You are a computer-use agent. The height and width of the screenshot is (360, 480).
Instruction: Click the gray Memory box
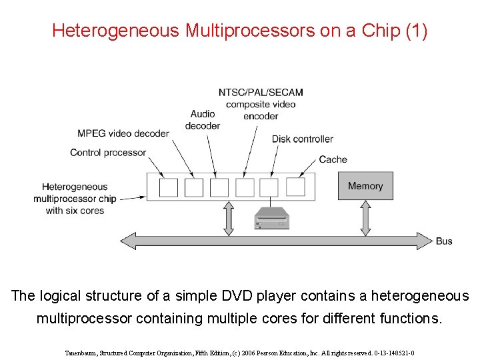pos(365,186)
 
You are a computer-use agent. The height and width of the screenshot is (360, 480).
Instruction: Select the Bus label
pos(444,241)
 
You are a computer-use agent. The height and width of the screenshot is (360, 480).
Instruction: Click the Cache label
pos(333,159)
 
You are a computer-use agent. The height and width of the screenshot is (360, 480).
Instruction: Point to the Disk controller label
pos(302,139)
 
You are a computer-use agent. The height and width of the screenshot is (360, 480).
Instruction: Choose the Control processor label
pos(107,153)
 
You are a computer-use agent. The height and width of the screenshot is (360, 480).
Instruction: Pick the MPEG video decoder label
pos(123,133)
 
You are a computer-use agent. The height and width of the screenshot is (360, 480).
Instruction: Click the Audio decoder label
pos(203,120)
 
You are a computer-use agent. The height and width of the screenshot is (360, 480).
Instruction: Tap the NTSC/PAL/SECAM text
pos(261,92)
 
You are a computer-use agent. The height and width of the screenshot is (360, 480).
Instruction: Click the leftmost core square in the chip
pos(169,187)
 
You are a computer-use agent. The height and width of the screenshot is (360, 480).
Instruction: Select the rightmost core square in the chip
pos(295,187)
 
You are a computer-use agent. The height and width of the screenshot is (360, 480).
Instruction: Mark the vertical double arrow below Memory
pos(365,218)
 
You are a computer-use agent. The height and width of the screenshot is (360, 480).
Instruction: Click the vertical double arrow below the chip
pos(229,218)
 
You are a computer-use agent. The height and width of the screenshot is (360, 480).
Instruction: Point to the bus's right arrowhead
pos(425,241)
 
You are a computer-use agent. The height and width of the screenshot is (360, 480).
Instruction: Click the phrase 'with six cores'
pos(75,211)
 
